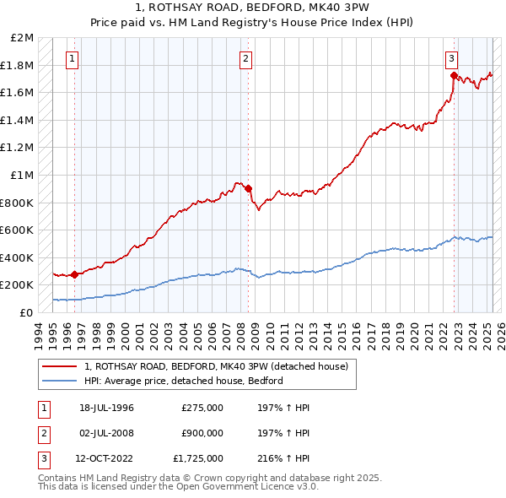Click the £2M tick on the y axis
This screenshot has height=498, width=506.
tap(23, 38)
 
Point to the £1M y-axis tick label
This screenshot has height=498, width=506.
tap(23, 175)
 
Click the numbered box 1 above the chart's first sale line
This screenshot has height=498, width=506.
tap(73, 59)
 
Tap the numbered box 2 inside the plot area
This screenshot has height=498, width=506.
tap(245, 59)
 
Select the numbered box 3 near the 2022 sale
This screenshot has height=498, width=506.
tap(452, 59)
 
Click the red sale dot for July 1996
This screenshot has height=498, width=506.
tap(75, 274)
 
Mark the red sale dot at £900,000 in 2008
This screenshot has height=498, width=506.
tap(249, 189)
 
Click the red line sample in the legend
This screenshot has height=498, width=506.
tap(61, 366)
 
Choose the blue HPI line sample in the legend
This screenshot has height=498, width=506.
tap(61, 380)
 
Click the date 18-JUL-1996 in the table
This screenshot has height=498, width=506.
tap(106, 409)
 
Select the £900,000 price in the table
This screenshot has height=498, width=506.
tap(202, 433)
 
